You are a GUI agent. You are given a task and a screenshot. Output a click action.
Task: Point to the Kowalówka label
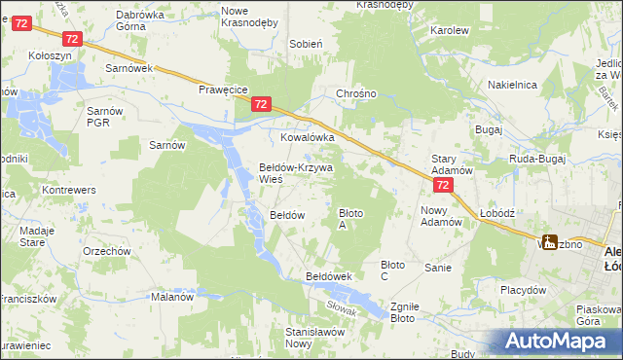tap(308, 138)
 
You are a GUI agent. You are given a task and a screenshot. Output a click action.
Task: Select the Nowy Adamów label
tap(441, 215)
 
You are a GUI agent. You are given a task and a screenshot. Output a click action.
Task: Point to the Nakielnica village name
tap(513, 86)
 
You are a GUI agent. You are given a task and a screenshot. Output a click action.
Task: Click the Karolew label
tap(450, 31)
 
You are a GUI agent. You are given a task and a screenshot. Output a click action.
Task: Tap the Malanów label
tap(172, 298)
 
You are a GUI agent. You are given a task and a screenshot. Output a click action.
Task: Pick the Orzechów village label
tap(107, 251)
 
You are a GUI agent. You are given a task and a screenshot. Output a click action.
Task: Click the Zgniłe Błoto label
tap(403, 310)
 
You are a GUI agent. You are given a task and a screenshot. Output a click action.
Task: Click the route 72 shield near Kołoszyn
tap(71, 37)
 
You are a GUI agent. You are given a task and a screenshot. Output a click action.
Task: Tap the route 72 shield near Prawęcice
tap(260, 103)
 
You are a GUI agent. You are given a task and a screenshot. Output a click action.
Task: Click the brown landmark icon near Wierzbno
tap(550, 243)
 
